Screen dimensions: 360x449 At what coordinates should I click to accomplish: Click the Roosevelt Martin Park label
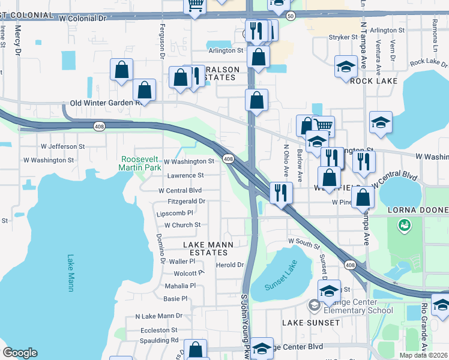[x=141, y=163]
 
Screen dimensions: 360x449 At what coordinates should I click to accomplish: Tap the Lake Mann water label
[x=70, y=273]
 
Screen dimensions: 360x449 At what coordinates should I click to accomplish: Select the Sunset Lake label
[x=282, y=270]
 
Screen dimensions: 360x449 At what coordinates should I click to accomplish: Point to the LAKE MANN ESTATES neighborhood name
[x=208, y=248]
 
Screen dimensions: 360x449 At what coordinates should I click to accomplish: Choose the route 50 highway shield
[x=291, y=16]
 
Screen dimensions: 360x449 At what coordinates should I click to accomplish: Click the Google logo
[x=20, y=353]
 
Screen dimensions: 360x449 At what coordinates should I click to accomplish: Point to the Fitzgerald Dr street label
[x=187, y=202]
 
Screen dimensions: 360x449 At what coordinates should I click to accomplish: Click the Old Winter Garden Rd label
[x=105, y=103]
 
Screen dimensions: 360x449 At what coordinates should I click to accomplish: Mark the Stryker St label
[x=343, y=37]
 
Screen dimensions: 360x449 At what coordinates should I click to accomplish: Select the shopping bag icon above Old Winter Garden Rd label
[x=144, y=89]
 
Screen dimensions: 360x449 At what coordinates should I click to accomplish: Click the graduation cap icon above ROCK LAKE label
[x=346, y=66]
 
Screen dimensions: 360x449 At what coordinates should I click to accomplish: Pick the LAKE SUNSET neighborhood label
[x=311, y=323]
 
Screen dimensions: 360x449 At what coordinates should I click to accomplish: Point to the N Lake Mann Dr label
[x=158, y=316]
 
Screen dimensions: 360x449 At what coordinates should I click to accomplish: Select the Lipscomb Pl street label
[x=175, y=213]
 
